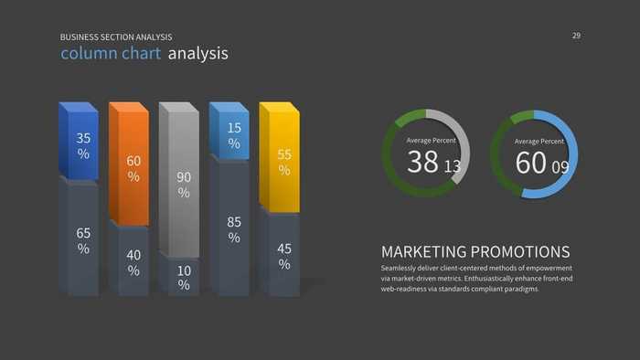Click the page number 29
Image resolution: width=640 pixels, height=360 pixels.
coord(576,36)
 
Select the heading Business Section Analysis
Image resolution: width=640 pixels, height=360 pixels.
coord(116,37)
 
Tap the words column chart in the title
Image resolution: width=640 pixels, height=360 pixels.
coord(111,54)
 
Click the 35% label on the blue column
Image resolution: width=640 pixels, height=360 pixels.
coord(83,146)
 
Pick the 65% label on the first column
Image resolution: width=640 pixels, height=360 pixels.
coord(83,240)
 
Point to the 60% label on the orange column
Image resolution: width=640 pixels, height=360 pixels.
coord(133,169)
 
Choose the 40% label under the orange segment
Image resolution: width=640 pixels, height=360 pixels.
coord(133,262)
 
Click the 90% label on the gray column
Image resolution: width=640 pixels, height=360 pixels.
coord(184,185)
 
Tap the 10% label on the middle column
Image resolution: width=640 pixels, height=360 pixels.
coord(184,278)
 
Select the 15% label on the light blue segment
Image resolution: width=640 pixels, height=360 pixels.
coord(234,136)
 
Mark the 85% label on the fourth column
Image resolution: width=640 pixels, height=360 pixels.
coord(234,229)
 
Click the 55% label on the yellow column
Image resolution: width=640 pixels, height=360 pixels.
coord(284,163)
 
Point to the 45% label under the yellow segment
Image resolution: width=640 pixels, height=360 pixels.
coord(284,256)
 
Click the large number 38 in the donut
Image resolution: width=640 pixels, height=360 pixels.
coord(423,163)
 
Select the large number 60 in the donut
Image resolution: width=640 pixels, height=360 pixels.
coord(530,163)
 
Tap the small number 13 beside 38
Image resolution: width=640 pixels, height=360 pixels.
coord(453,167)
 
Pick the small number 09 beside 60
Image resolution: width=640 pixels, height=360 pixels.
coord(560,167)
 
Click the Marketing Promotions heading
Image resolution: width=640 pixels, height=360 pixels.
coord(475,252)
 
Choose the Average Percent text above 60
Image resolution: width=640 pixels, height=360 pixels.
coord(539,142)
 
